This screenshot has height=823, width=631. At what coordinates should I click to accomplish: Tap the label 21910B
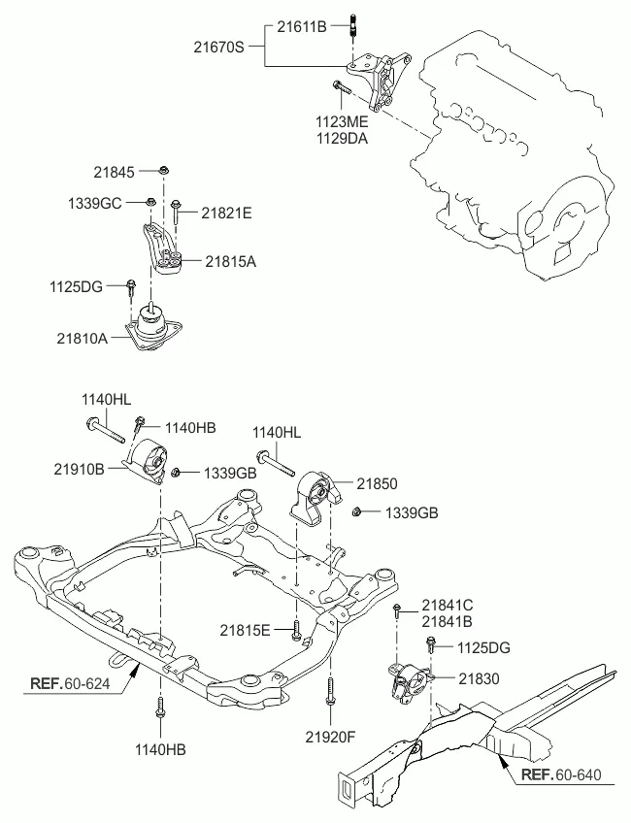tap(79, 468)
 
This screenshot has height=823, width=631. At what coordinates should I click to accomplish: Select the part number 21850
tap(377, 482)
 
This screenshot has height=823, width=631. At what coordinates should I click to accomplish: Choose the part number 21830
tap(479, 679)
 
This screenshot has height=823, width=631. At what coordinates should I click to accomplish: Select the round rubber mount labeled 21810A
tap(151, 325)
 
